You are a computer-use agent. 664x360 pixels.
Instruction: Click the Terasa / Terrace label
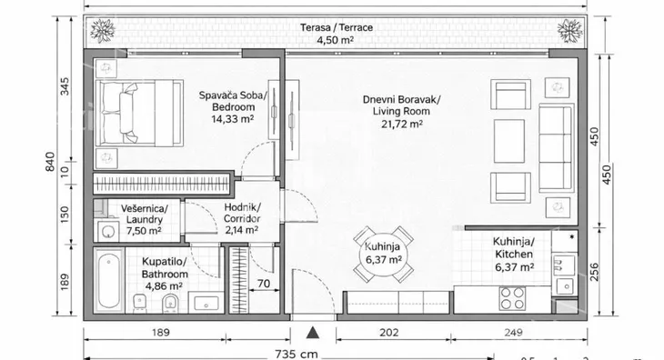point(337,27)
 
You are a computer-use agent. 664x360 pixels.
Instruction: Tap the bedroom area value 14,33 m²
point(233,119)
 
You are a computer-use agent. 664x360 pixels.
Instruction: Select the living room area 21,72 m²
point(402,124)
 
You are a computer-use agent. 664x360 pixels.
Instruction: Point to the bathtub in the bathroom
point(109,280)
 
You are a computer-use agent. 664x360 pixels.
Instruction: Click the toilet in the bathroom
point(171,303)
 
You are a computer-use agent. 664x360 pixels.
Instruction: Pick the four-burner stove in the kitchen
point(512,298)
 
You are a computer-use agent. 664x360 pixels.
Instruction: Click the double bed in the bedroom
point(139,113)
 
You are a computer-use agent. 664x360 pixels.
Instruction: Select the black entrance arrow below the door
point(313,333)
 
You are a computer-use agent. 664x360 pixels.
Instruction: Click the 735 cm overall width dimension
point(296,354)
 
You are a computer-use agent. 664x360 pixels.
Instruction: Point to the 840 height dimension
point(50,162)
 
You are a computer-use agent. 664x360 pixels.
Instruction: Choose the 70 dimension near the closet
point(264,284)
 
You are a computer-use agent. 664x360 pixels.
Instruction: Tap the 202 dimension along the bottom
point(388,333)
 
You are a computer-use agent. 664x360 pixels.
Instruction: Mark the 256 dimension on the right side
point(594,272)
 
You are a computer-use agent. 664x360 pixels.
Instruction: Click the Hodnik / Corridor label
point(242,214)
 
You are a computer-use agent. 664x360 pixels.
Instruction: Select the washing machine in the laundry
point(108,231)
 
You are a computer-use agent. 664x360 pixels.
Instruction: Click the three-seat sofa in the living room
point(556,148)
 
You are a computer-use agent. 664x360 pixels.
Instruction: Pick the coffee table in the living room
point(509,141)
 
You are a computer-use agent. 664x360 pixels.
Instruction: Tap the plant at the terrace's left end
point(103,31)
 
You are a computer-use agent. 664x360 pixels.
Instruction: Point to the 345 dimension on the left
point(64,86)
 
